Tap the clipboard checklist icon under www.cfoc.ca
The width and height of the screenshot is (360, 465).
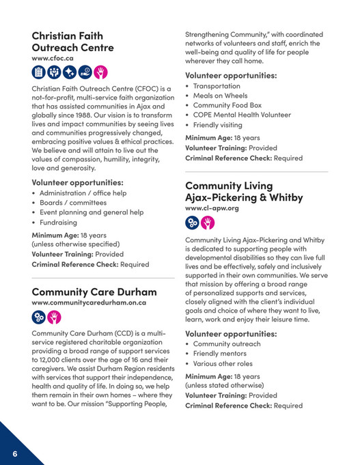point(39,73)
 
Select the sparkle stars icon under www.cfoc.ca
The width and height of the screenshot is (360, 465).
point(70,73)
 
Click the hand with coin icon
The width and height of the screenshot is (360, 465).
point(85,73)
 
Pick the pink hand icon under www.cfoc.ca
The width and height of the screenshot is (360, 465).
point(100,73)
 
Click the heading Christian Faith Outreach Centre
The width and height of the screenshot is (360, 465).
point(73,41)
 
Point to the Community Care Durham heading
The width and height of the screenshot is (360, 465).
point(94,292)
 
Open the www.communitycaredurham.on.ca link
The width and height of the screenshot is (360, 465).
point(89,302)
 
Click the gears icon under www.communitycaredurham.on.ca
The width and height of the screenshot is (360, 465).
point(39,318)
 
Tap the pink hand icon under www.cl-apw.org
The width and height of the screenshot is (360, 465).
point(208,223)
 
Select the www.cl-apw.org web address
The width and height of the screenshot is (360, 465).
point(212,208)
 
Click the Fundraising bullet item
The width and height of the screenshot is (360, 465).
point(59,222)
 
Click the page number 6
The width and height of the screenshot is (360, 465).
point(14,454)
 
